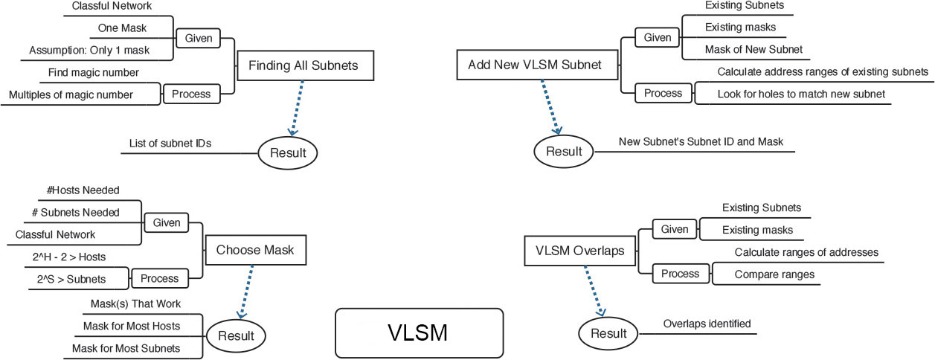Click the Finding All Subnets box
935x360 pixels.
click(x=303, y=65)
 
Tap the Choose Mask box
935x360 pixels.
click(x=255, y=250)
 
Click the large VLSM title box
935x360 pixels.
click(x=418, y=332)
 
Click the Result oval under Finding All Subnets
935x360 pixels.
click(x=287, y=153)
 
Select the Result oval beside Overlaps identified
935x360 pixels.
click(x=608, y=333)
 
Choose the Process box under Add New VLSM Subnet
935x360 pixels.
click(x=663, y=94)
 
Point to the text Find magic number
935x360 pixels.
click(x=94, y=73)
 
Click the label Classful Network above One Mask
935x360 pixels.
click(x=112, y=7)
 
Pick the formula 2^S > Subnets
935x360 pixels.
click(x=71, y=279)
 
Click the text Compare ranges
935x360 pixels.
click(x=774, y=274)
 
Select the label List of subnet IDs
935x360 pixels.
click(x=164, y=143)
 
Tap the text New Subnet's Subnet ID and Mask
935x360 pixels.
click(x=701, y=141)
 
